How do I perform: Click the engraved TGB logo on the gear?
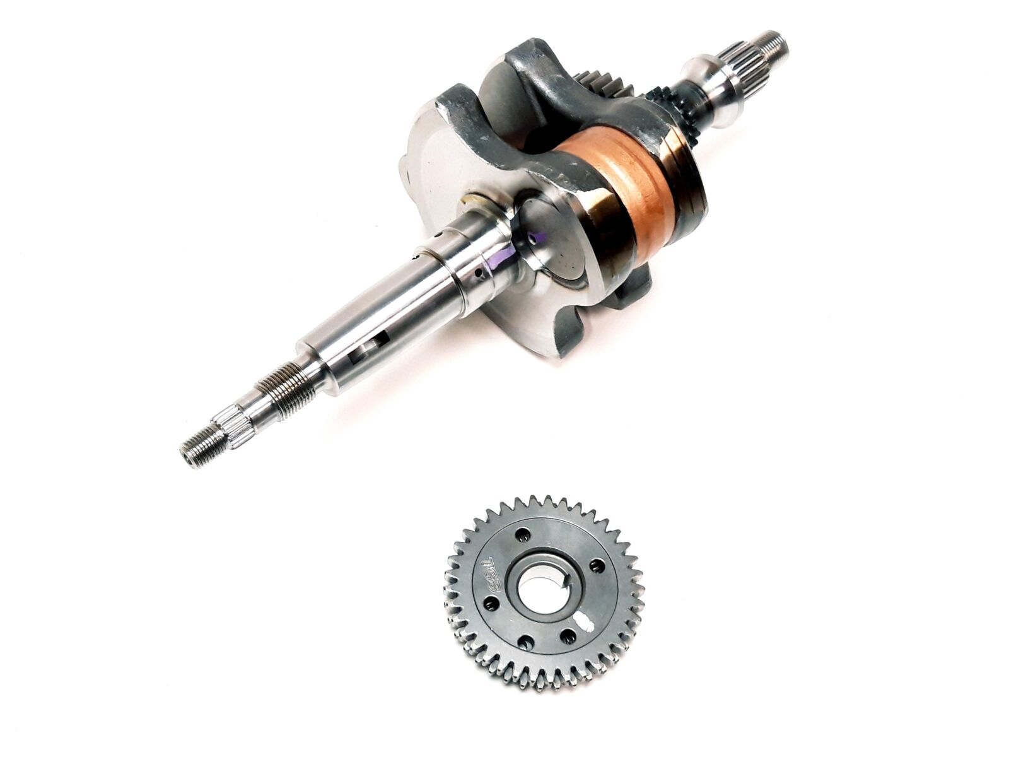[493, 570]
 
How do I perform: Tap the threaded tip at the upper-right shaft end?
[775, 44]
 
